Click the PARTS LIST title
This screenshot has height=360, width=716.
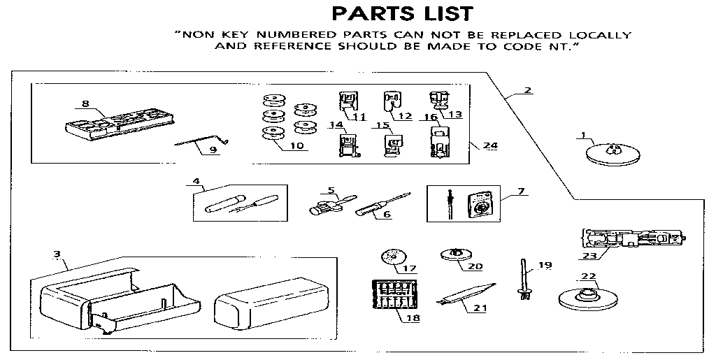point(402,13)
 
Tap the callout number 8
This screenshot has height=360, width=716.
point(85,104)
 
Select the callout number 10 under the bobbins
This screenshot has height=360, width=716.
point(297,147)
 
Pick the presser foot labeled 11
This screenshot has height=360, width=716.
point(347,102)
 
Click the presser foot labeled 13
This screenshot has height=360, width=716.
point(438,102)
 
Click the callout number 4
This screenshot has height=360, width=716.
point(196,182)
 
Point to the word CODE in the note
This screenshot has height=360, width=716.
point(525,46)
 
